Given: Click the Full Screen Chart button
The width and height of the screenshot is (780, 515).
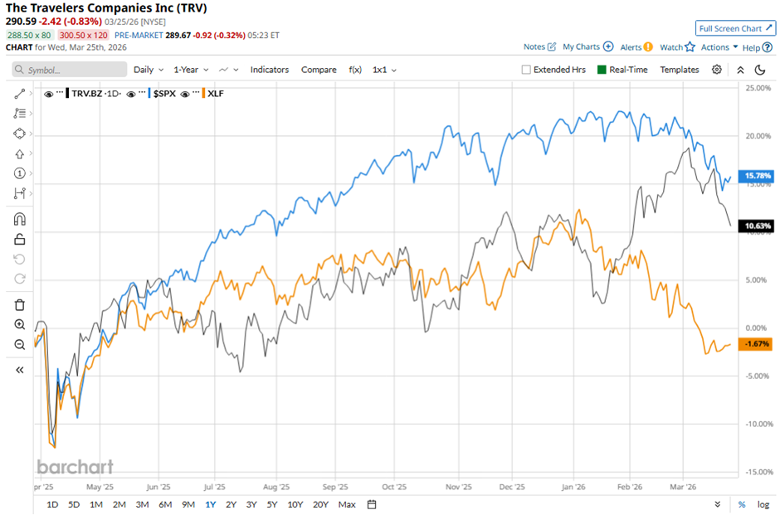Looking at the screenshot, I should tap(735, 27).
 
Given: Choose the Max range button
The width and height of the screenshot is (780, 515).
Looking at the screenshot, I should tap(347, 504).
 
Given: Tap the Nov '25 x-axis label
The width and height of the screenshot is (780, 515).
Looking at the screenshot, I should tap(458, 488).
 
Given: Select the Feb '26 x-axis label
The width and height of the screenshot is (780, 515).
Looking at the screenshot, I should tap(630, 488).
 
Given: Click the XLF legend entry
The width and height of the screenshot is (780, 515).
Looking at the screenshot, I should tap(214, 94).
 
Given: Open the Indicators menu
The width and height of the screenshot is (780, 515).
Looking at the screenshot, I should tap(270, 70).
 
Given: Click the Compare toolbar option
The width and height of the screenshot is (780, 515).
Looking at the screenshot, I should tap(319, 70).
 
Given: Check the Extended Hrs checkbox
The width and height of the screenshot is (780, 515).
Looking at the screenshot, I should tap(526, 70).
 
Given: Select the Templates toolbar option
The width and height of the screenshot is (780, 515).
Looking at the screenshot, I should tap(680, 70).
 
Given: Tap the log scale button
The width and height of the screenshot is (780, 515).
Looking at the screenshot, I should tap(763, 504).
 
